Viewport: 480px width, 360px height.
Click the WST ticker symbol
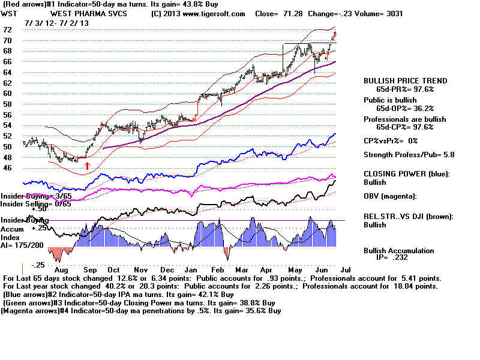pyautogui.click(x=9, y=14)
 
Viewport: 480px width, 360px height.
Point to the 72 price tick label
pyautogui.click(x=8, y=29)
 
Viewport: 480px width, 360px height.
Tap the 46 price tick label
pyautogui.click(x=8, y=168)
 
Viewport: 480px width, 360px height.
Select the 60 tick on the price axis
pyautogui.click(x=8, y=94)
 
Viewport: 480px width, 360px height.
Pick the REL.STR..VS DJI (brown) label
pyautogui.click(x=408, y=217)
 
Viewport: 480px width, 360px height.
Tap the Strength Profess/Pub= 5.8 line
pyautogui.click(x=408, y=154)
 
